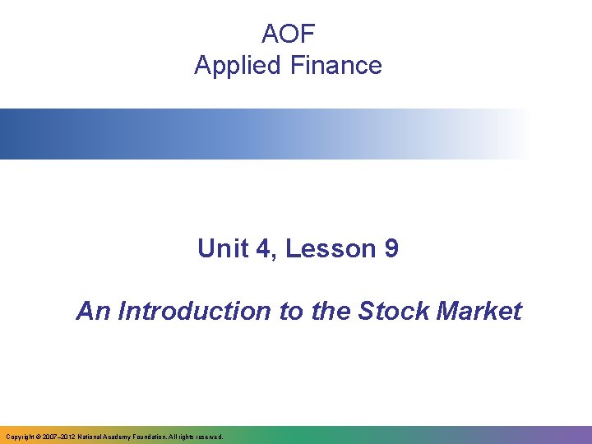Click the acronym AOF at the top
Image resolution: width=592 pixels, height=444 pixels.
click(288, 34)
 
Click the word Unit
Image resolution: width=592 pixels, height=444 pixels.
click(221, 248)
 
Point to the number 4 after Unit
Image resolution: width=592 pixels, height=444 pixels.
click(263, 248)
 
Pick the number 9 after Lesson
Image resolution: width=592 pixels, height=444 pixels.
click(391, 248)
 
